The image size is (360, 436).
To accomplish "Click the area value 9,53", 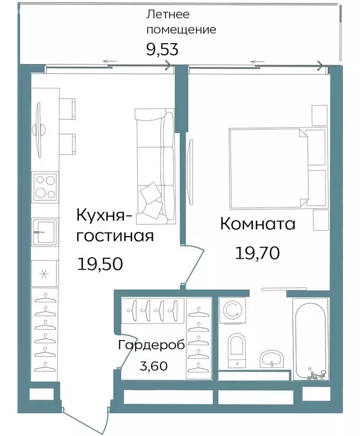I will [x=162, y=49].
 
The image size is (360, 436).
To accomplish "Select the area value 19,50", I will [x=99, y=264].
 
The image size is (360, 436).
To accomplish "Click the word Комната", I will [x=258, y=224].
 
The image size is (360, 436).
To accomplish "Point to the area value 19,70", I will [x=258, y=253].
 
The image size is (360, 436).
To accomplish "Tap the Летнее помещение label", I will [x=181, y=22].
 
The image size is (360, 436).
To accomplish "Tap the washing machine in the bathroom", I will [x=233, y=311].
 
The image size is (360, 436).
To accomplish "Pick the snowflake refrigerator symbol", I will [x=44, y=274].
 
